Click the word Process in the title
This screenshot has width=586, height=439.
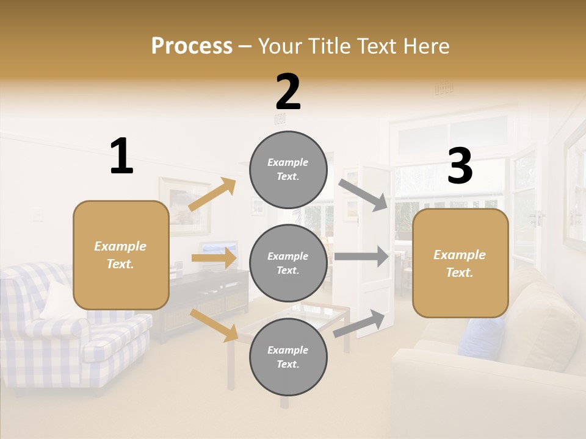point(192,46)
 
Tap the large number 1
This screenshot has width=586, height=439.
point(121,156)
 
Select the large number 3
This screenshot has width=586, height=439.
point(460,166)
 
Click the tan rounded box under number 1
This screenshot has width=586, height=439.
point(121,255)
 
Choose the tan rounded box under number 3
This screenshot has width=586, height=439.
point(460,263)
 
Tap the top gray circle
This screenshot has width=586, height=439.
point(288,170)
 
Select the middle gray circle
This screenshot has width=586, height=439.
point(288,263)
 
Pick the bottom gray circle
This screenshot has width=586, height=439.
point(288,357)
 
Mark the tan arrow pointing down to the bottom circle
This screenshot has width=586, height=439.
point(214,324)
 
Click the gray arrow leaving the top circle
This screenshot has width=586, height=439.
point(363,195)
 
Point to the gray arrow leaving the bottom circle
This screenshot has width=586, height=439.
point(360,323)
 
